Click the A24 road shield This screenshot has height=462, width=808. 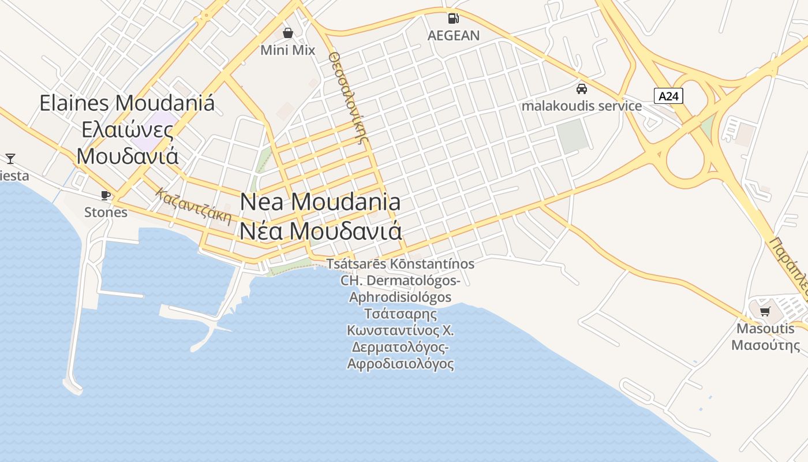point(668,96)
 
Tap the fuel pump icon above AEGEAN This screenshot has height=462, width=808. point(454,18)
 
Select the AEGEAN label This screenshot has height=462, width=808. point(454,35)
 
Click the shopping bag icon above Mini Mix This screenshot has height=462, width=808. point(287,33)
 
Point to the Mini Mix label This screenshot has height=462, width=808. point(287,50)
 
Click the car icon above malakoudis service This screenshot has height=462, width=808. point(581,89)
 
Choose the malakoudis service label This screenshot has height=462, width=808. point(581,106)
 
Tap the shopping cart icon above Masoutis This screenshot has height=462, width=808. point(765,312)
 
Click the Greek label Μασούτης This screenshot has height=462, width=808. point(765,345)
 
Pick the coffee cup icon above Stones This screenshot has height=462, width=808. point(105,195)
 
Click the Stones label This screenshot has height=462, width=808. point(106,212)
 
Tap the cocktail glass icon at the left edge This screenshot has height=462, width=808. point(10,158)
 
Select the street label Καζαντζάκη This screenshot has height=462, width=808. point(194,207)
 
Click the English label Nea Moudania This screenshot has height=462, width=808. point(320,202)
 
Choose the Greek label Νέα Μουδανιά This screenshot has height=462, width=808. point(320,231)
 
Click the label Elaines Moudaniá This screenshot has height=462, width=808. point(127,103)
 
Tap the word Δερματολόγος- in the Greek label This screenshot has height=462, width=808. point(400,348)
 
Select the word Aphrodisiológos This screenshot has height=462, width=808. point(400,297)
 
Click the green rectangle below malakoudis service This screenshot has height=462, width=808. point(573,136)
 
